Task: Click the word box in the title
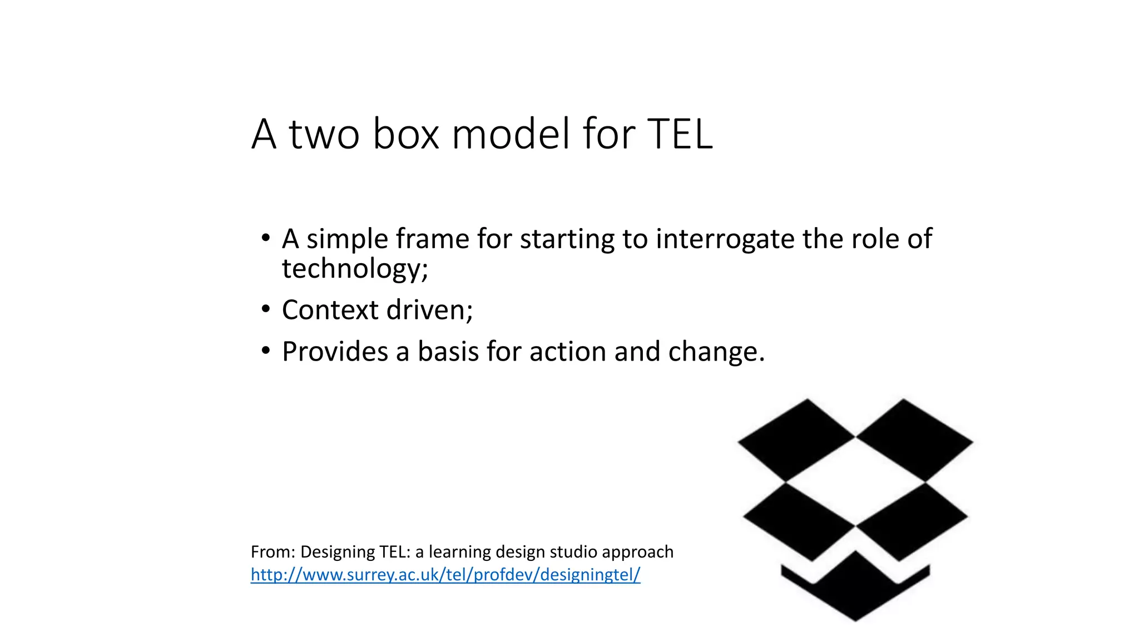405,134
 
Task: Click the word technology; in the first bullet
355,269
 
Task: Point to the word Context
330,310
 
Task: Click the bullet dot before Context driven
266,309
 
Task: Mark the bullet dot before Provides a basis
266,351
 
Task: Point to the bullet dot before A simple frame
266,238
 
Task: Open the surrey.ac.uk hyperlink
445,574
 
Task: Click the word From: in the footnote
273,552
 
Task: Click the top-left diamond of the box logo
797,440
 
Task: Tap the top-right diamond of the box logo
913,440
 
